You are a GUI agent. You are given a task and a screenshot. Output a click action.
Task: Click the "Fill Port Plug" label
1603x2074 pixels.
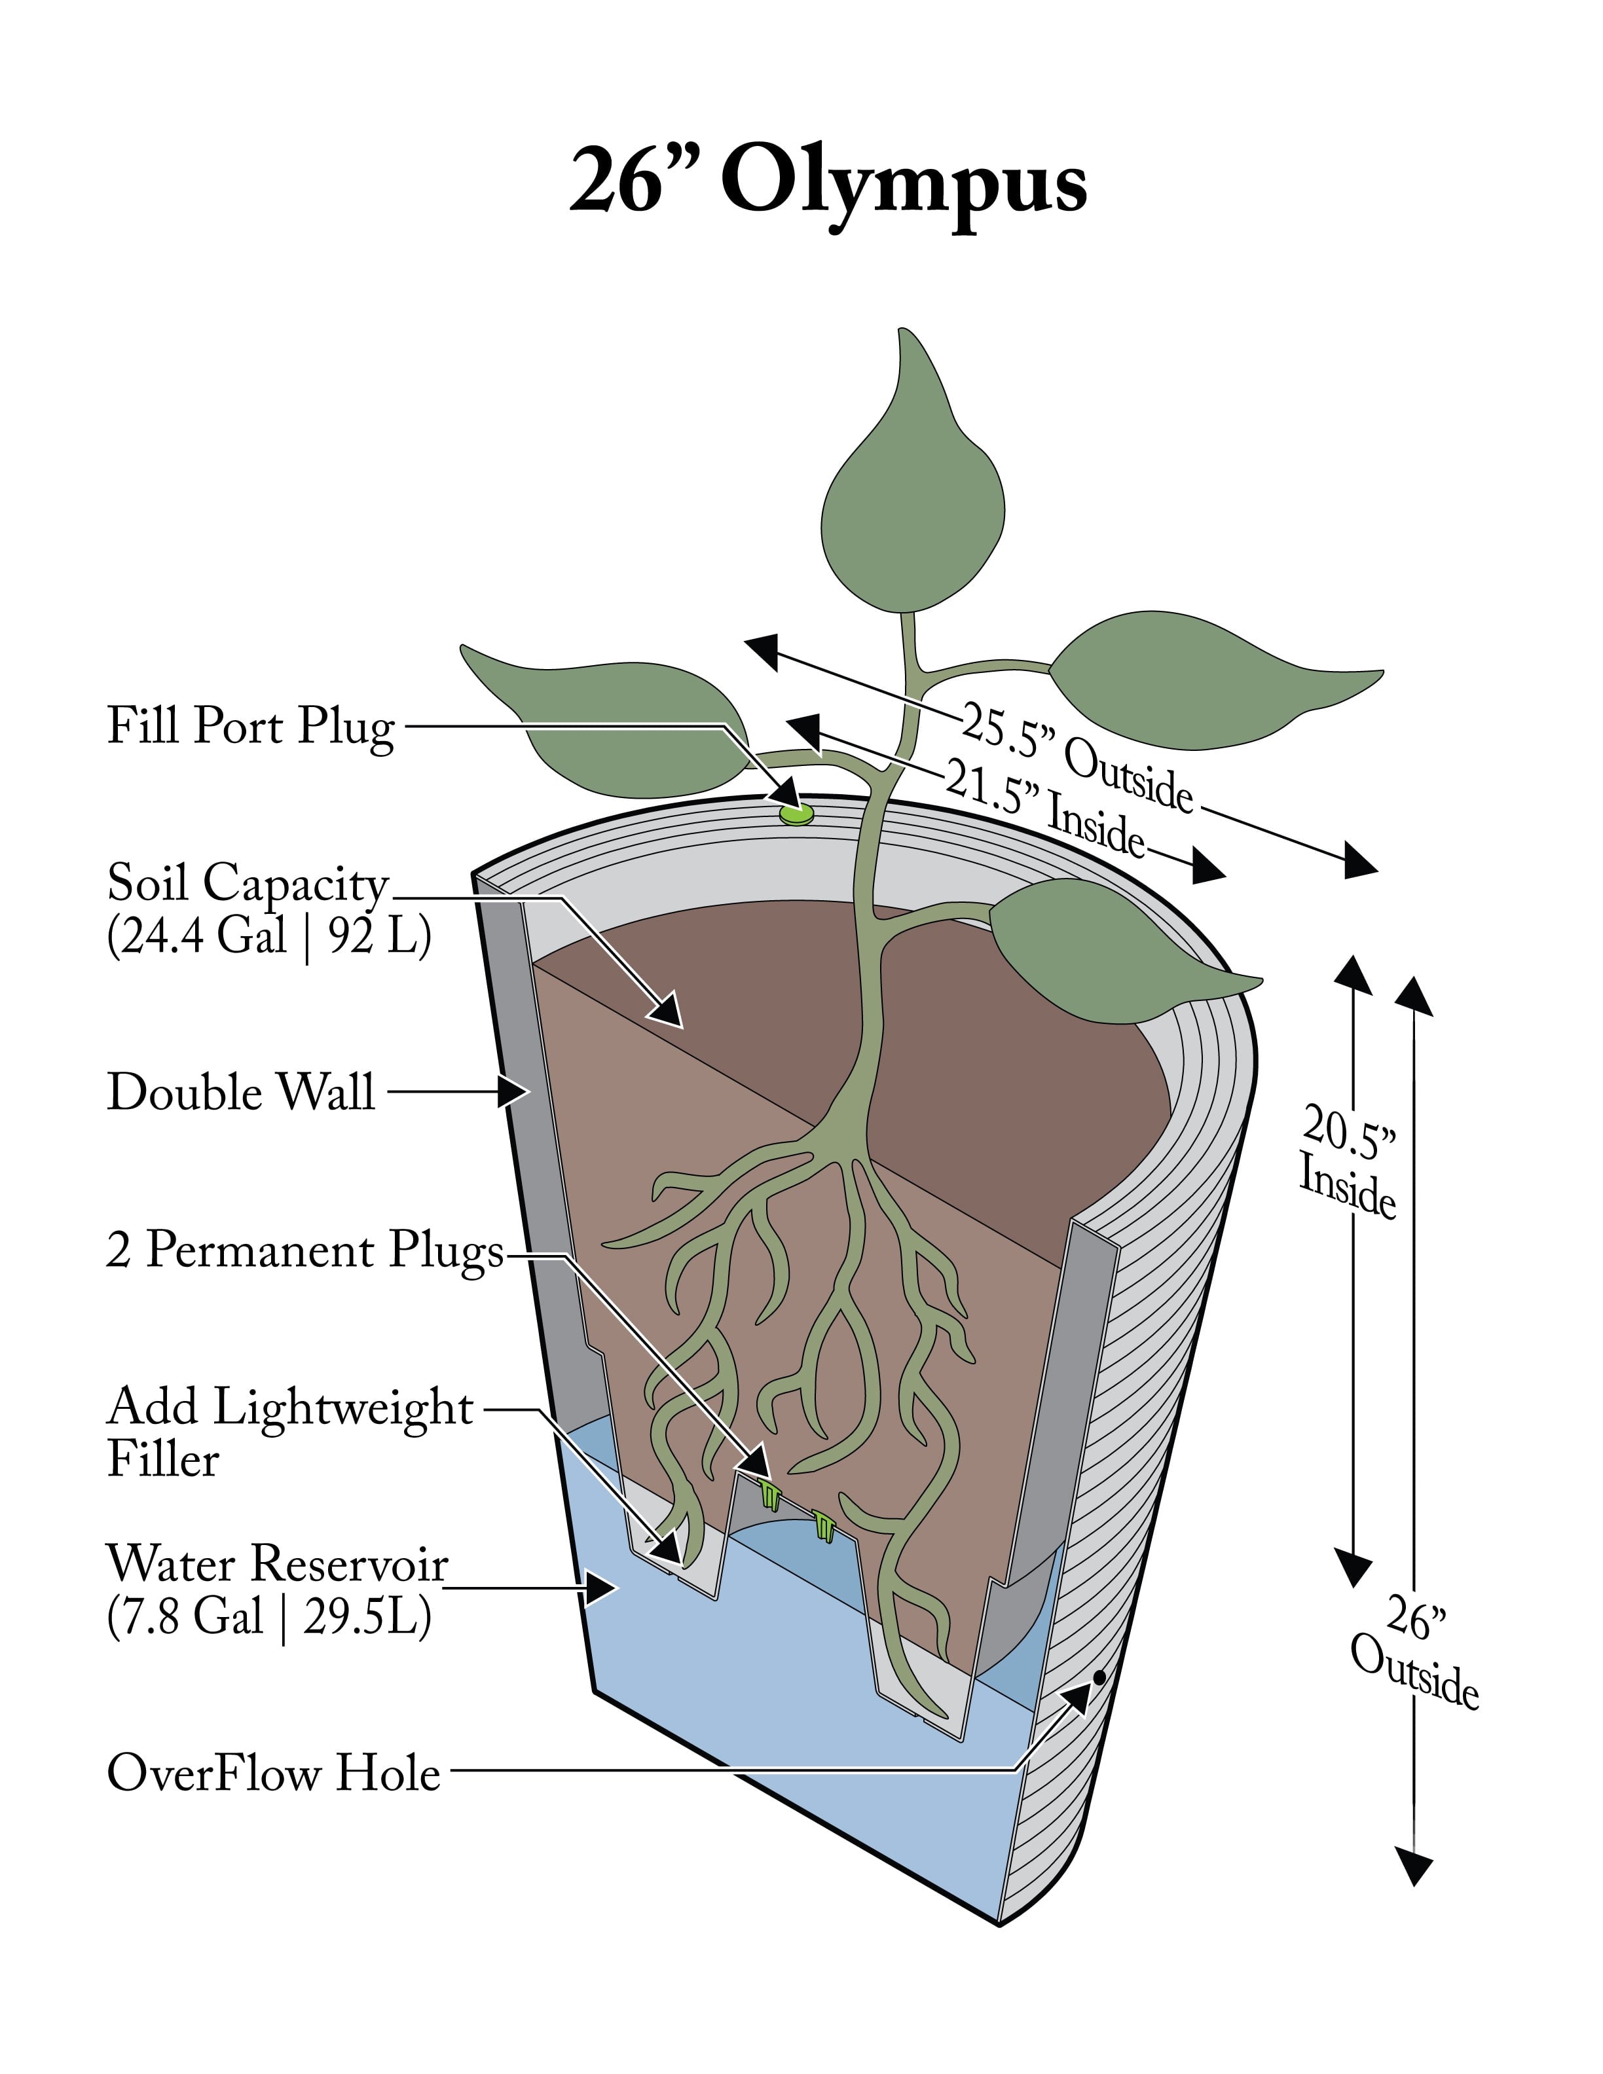pos(251,727)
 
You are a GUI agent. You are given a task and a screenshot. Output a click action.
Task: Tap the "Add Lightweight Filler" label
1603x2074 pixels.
pos(289,1432)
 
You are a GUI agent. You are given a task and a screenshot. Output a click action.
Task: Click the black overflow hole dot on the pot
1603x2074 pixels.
pos(1099,1678)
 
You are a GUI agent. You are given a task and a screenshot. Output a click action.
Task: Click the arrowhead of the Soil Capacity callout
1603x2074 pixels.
pos(668,1010)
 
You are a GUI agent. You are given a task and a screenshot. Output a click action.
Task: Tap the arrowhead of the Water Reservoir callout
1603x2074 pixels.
pos(601,1585)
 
